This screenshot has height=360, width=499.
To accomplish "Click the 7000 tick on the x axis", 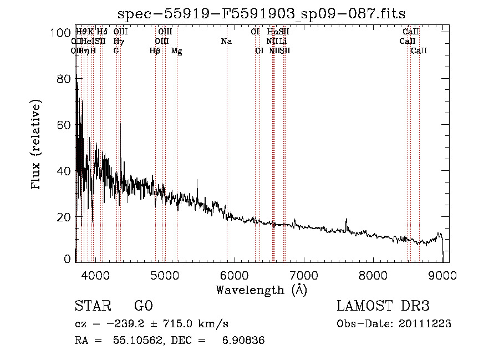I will point(303,275).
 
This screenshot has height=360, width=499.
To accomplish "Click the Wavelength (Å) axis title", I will point(261,290).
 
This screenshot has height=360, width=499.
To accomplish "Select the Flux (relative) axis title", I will point(37,145).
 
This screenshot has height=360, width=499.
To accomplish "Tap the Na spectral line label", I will point(226,42).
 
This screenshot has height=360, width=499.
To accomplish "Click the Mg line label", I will point(177,51).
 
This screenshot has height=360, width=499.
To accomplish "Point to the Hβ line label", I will point(155,51).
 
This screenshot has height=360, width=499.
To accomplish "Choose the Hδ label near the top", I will point(102,32).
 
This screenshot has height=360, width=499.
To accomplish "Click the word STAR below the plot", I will point(92,306).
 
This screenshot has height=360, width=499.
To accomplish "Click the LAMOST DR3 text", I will point(383,306).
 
